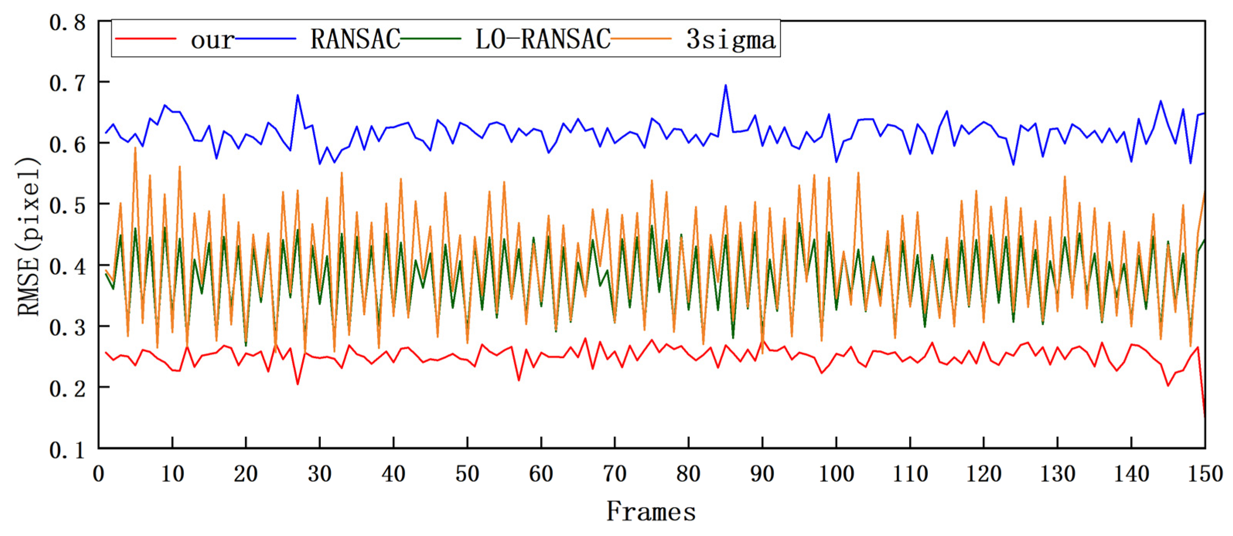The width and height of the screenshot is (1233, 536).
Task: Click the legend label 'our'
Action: (x=212, y=40)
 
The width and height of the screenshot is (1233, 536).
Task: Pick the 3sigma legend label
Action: (x=730, y=40)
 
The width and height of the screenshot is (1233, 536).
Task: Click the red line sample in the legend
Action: (x=146, y=39)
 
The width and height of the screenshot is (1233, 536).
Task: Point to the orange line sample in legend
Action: (x=641, y=39)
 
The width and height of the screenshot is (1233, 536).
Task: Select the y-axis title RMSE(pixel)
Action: (x=28, y=237)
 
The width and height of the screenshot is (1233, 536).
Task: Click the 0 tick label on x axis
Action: (x=99, y=474)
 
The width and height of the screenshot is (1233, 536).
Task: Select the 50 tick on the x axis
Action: (x=467, y=474)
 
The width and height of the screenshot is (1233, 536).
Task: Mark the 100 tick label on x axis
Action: (x=836, y=474)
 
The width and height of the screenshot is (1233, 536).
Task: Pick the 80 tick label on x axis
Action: (x=688, y=474)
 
